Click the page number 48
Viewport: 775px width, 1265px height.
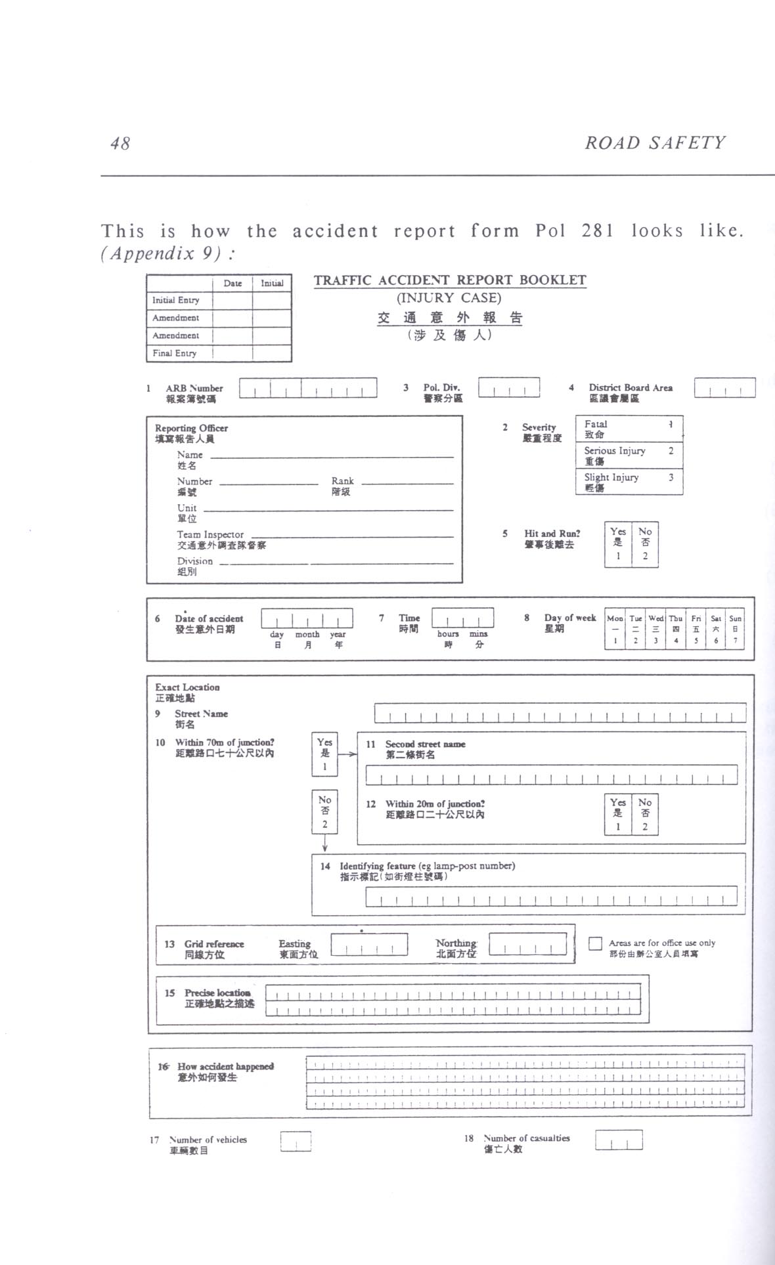(x=120, y=143)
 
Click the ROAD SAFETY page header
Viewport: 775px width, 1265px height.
(x=655, y=143)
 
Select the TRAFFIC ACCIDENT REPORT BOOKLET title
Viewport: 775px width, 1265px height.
(x=450, y=280)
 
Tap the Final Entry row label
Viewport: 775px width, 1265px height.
(x=175, y=353)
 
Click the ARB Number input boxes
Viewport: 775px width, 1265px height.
(x=307, y=388)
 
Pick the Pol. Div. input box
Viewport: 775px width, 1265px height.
(x=509, y=388)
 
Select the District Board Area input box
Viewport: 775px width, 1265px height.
(x=724, y=388)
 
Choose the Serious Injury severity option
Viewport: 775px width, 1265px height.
(x=629, y=456)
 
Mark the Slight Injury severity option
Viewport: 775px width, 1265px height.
(x=629, y=482)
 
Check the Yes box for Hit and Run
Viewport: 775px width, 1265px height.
(x=617, y=544)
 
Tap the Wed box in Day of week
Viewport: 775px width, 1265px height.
(x=655, y=629)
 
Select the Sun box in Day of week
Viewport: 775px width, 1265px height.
(x=735, y=629)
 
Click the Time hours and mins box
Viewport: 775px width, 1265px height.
(x=462, y=618)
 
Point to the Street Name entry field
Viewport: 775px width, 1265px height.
(x=560, y=713)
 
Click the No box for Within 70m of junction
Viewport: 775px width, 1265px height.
(x=324, y=811)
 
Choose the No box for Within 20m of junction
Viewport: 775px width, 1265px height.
(x=645, y=814)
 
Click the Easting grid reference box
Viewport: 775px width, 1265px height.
(x=369, y=944)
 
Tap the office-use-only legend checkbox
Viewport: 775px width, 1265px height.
(x=595, y=943)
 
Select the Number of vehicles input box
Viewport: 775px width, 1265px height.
(x=296, y=1142)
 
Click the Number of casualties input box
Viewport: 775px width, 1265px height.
(x=619, y=1140)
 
